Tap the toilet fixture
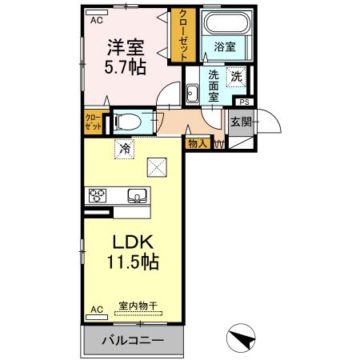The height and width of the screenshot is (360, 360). point(127,122)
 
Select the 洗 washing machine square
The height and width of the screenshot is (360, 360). point(237,77)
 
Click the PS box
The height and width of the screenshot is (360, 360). point(244,102)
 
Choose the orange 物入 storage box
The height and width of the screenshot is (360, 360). point(198,143)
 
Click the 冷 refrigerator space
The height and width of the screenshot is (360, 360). point(124,147)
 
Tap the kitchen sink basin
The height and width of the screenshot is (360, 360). point(135,195)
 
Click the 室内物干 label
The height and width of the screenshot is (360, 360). point(135,306)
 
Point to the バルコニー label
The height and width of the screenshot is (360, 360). point(133,341)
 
